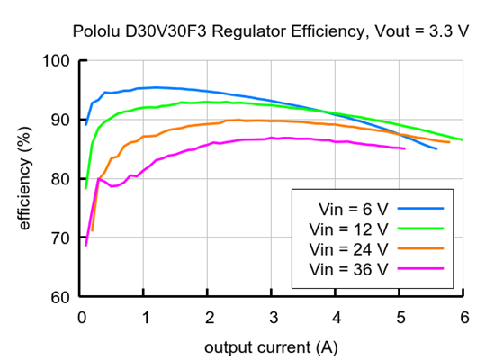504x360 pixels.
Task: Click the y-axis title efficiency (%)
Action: (x=25, y=179)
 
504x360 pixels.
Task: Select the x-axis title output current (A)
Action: (x=271, y=346)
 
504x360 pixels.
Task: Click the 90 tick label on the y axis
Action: (x=60, y=120)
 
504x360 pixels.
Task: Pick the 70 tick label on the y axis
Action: (x=60, y=238)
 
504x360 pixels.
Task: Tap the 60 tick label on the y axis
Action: (x=60, y=297)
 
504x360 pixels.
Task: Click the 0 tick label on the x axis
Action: (x=82, y=316)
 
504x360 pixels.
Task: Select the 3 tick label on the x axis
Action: (x=272, y=316)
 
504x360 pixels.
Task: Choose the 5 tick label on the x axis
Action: (x=399, y=316)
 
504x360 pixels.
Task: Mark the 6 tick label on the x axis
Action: (x=463, y=316)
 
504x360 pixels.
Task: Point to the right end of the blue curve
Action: (x=436, y=148)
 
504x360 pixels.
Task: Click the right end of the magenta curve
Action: (x=405, y=148)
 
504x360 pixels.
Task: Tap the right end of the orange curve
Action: (x=449, y=142)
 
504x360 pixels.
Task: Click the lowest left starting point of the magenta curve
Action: (x=85, y=245)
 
